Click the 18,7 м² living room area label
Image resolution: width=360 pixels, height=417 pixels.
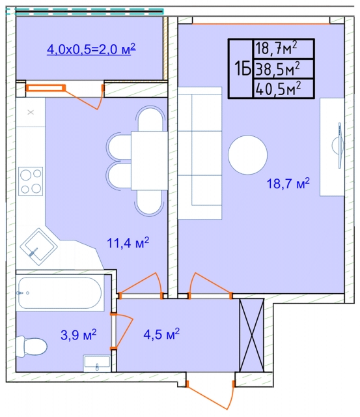(288, 184)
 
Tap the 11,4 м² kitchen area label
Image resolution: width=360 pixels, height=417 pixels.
(128, 242)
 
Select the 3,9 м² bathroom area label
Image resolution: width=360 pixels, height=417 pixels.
(78, 334)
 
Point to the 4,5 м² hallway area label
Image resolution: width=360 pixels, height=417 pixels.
(161, 334)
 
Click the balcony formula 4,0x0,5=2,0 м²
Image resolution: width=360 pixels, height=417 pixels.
(91, 50)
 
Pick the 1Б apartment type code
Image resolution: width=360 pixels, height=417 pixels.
(243, 69)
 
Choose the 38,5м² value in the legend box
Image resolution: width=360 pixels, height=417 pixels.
(277, 69)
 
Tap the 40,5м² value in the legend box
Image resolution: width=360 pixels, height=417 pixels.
(278, 89)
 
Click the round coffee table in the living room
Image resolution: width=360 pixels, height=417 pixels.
(247, 155)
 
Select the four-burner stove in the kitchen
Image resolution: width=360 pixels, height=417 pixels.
(31, 181)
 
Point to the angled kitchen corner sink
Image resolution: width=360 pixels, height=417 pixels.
(39, 246)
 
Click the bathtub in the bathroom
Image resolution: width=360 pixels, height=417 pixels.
(59, 293)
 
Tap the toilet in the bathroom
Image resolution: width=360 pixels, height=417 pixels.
(31, 346)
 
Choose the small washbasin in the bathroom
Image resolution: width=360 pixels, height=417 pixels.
(97, 363)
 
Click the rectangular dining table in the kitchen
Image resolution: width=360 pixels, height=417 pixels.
(149, 161)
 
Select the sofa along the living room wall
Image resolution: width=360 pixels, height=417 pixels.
(200, 153)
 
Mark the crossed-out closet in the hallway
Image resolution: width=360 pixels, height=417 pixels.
(251, 335)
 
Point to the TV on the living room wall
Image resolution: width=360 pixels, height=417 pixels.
(339, 145)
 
